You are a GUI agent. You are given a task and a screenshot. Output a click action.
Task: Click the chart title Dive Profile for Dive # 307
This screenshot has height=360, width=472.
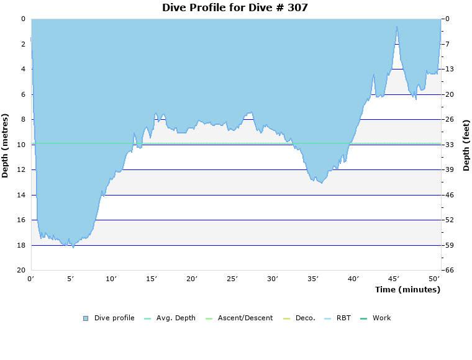(235, 7)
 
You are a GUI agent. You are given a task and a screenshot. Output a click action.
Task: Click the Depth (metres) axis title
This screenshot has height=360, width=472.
(6, 145)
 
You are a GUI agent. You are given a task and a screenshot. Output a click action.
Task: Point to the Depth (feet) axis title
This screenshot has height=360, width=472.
(466, 145)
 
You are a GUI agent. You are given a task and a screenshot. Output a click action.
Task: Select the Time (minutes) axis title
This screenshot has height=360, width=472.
(407, 289)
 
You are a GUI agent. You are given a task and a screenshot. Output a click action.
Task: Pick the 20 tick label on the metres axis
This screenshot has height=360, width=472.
(21, 271)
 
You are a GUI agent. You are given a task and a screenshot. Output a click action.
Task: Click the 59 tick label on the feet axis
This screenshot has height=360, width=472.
(449, 245)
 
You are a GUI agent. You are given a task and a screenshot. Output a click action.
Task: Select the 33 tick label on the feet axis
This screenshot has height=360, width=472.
(449, 145)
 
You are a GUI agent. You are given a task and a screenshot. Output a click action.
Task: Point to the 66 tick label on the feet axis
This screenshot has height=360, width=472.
(449, 271)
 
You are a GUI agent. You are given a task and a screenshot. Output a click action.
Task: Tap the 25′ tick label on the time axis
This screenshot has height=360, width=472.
(232, 279)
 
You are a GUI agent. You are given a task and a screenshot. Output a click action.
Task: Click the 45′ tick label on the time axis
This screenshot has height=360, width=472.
(394, 279)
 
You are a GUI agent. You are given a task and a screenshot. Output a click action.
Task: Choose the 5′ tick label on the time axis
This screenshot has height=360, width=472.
(71, 279)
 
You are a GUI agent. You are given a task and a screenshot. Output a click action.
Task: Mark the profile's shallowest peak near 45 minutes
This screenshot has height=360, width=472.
(397, 26)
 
